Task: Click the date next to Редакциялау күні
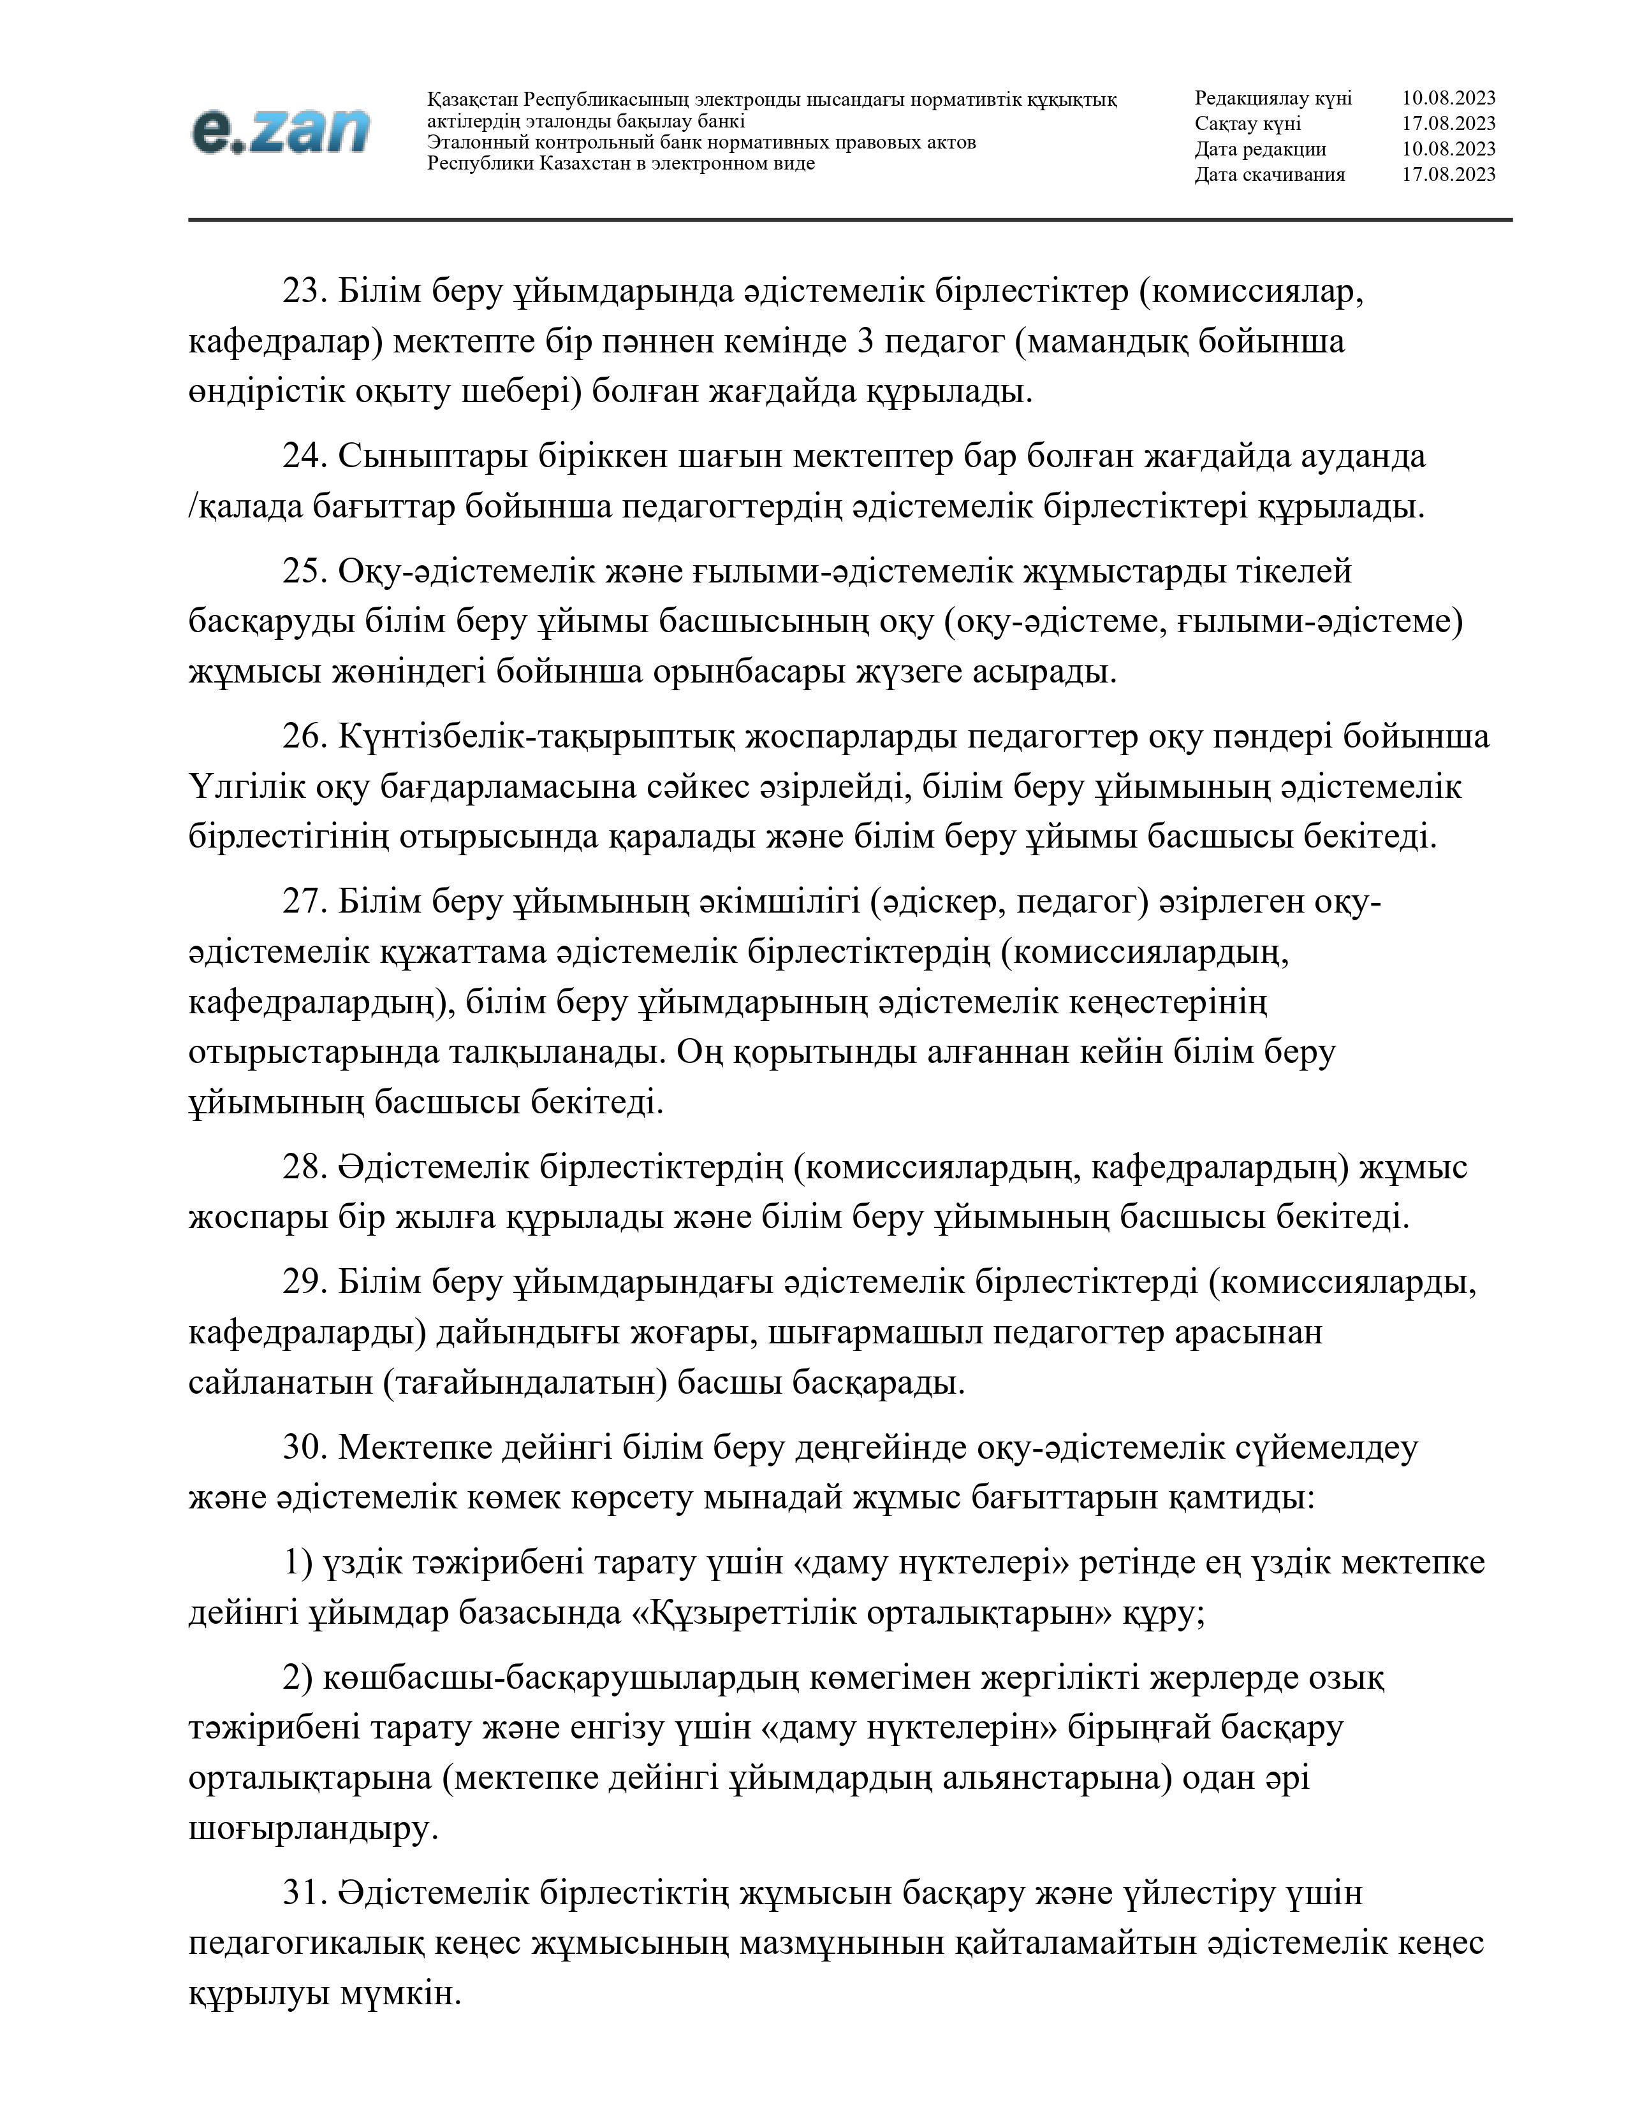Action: [x=1448, y=98]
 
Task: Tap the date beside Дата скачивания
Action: [x=1448, y=174]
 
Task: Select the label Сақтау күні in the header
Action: [x=1247, y=123]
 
